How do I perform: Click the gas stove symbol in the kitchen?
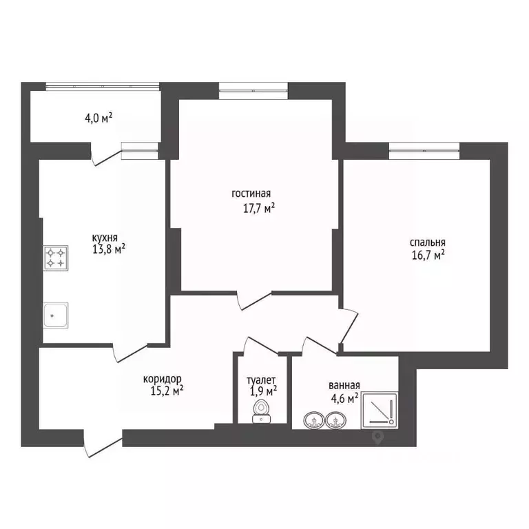coord(56,258)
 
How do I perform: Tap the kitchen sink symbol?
coord(56,315)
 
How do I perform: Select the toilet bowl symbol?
coord(261,411)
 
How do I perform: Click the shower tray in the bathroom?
coord(380,411)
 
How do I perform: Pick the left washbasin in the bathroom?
coord(314,420)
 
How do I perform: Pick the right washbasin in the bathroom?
coord(335,420)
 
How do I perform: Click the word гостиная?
coord(251,194)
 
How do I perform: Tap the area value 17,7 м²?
coord(259,208)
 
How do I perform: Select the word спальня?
coord(428,242)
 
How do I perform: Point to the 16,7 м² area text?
coord(428,255)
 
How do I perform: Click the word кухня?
coord(105,238)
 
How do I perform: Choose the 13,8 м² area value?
coord(109,249)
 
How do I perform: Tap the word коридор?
coord(163,380)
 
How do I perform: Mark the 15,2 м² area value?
coord(167,391)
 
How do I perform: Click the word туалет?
coord(261,380)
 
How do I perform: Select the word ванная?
coord(344,385)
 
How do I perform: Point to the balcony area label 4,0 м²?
coord(98,118)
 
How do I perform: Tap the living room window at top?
coord(253,91)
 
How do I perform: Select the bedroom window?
coord(424,151)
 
